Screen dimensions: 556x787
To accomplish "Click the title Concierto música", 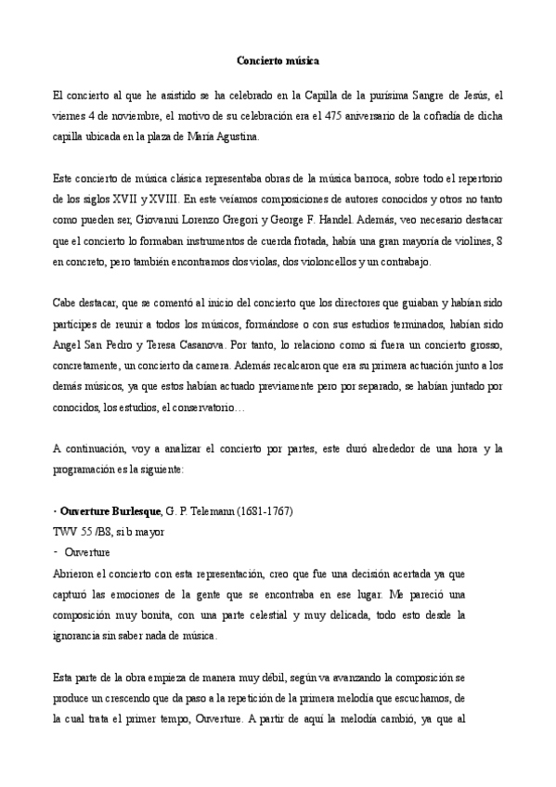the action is pos(278,60).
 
